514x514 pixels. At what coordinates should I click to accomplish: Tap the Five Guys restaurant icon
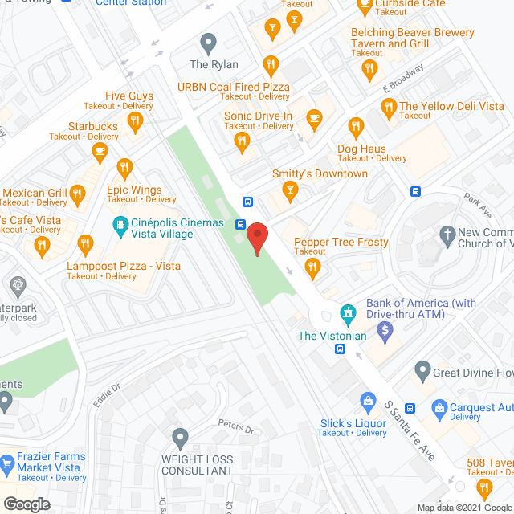tap(134, 121)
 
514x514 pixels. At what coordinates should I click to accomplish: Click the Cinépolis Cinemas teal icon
tap(120, 224)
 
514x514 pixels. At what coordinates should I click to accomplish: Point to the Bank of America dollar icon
tap(385, 328)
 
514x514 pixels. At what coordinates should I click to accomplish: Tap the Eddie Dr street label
tap(106, 394)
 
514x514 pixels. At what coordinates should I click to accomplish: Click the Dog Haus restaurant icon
tap(356, 126)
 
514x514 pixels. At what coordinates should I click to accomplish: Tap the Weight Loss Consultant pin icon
tap(180, 438)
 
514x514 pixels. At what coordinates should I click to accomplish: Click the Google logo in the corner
tap(26, 504)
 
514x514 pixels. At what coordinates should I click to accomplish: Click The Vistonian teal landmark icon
tap(348, 312)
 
